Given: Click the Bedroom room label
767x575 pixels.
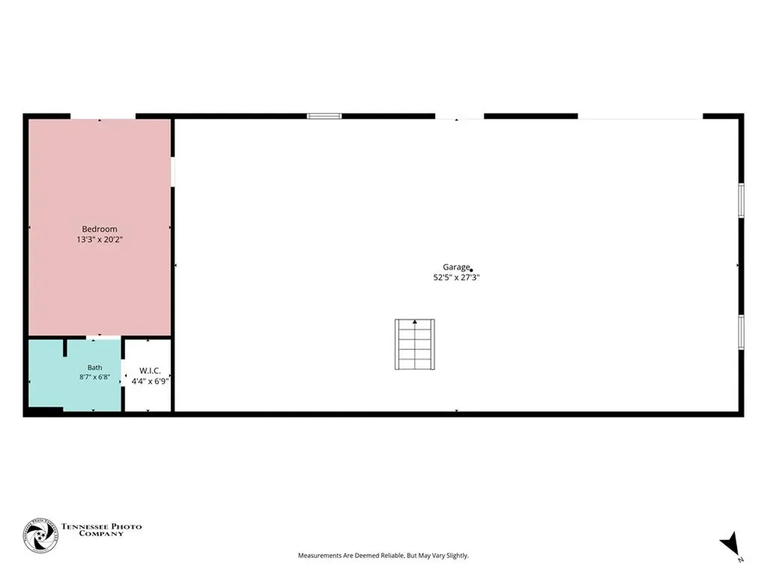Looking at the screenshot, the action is coord(100,229).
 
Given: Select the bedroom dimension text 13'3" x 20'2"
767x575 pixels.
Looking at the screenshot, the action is coord(100,240).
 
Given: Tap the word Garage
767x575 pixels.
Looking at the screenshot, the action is coord(456,267).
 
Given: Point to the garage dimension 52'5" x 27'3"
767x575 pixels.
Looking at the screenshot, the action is coord(456,277).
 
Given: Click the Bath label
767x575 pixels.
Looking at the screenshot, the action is coord(95,367).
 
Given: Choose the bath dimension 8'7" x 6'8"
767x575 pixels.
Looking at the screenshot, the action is coord(94,377).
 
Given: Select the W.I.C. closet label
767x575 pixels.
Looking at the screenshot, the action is coord(150,371).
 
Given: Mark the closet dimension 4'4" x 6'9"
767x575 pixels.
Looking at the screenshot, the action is coord(150,381).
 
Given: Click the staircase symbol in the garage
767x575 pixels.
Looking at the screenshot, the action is coord(415,344).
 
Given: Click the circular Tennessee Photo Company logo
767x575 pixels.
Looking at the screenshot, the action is coord(40,535).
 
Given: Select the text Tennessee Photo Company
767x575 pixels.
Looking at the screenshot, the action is coord(101,530).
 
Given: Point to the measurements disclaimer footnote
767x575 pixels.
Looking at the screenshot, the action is coord(383,556).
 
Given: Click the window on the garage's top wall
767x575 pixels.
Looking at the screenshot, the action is coord(324,116).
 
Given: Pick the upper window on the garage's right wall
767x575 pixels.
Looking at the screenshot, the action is coord(741,200).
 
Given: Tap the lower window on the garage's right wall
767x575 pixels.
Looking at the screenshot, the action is coord(741,332).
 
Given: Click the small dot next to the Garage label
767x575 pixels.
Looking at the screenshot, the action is coord(471,270).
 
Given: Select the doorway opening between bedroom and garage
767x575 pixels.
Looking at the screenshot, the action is coord(173,171).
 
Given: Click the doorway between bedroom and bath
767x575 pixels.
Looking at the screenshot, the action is coord(103,338).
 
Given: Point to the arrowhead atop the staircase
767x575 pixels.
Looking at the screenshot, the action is coord(415,322).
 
